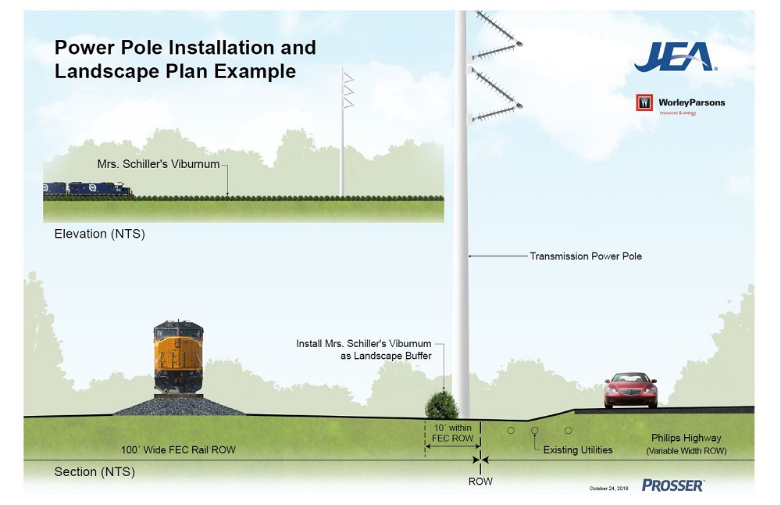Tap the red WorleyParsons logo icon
(645, 103)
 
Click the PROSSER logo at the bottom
(672, 485)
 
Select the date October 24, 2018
(609, 489)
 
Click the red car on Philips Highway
(630, 390)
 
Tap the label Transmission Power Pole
(586, 256)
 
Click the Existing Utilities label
(578, 450)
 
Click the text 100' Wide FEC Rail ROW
(178, 450)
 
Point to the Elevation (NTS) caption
(99, 234)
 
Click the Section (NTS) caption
(95, 472)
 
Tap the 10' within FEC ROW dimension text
(452, 433)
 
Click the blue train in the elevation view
(87, 189)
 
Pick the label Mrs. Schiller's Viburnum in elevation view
(159, 165)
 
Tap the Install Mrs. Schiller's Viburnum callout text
(363, 349)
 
